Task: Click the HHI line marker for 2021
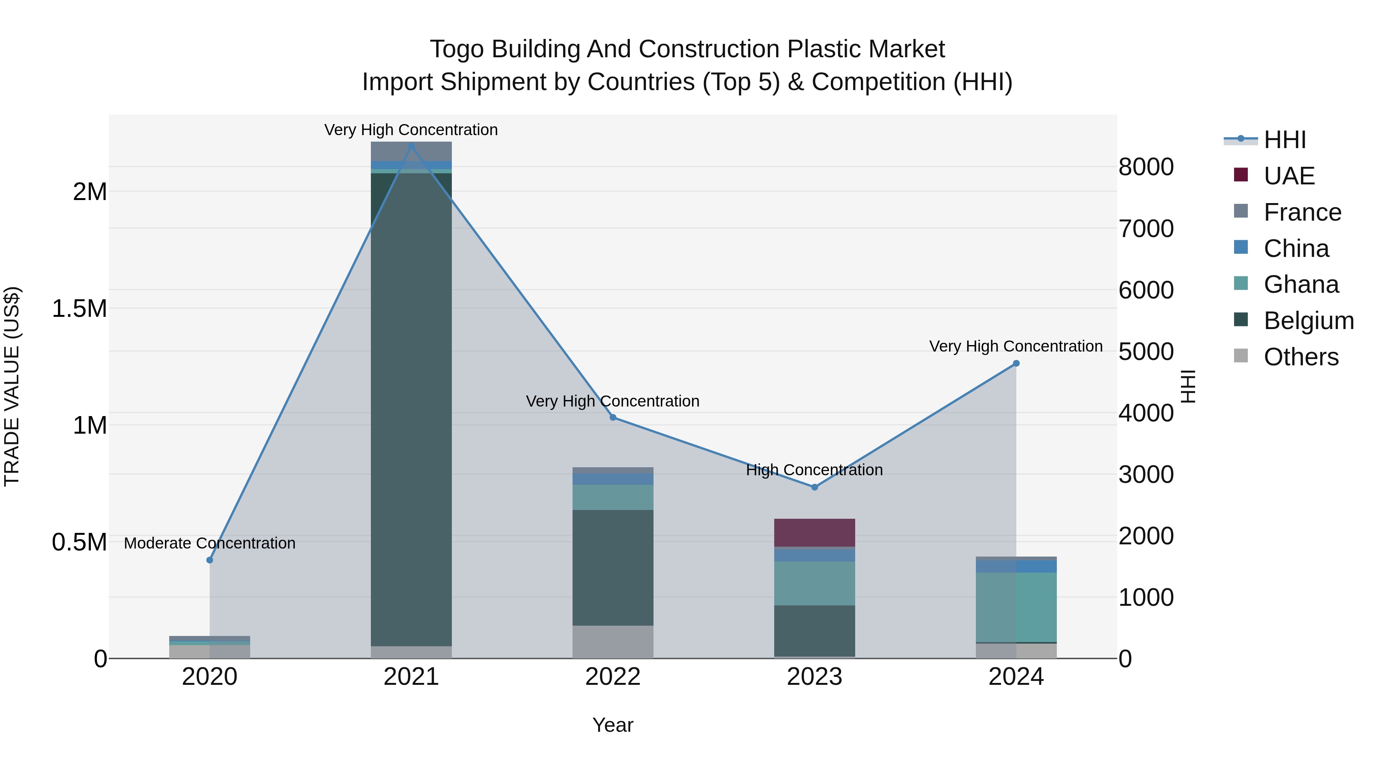411,146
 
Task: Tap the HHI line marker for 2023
815,487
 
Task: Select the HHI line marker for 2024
1016,363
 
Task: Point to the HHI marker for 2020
210,560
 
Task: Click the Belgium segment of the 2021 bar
411,405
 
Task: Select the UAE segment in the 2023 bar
815,533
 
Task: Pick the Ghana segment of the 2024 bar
1016,607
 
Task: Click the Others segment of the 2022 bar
613,642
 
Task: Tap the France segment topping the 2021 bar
411,151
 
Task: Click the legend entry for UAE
1289,176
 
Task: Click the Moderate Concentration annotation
210,543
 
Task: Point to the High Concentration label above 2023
815,470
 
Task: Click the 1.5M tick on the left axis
79,309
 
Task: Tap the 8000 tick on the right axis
1146,167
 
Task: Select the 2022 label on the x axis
613,677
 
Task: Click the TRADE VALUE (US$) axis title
12,386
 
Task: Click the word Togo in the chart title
458,49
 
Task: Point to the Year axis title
613,725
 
